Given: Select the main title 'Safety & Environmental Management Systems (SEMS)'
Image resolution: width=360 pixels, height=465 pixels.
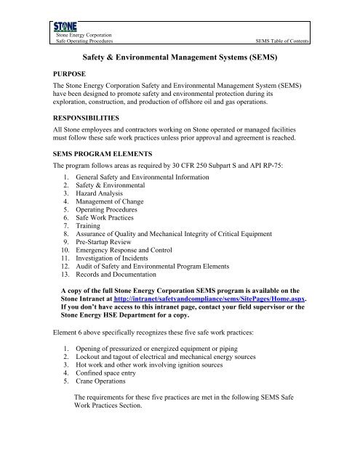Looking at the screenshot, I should [x=180, y=54].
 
